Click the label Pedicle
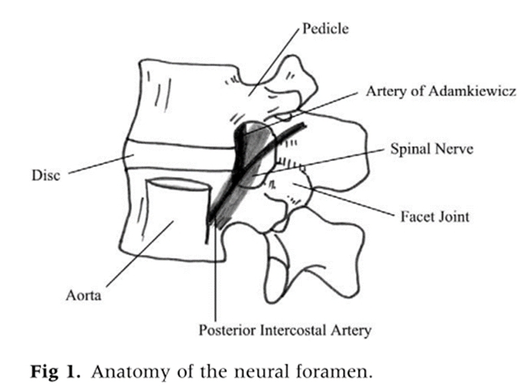(325, 29)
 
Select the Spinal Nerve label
(431, 150)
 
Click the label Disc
(46, 175)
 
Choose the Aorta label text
(84, 296)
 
